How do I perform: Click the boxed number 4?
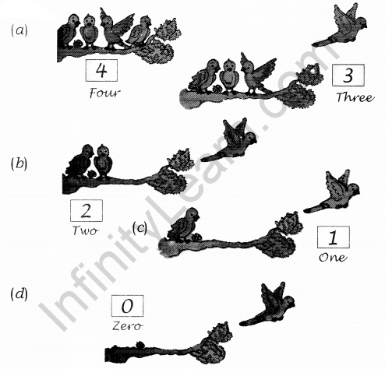click(x=101, y=70)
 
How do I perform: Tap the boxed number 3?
click(x=348, y=75)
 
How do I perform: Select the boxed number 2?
click(x=87, y=210)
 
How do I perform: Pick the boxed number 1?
click(x=333, y=237)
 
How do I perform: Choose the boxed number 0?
click(x=127, y=306)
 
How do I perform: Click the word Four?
click(x=105, y=93)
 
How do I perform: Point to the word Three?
click(x=355, y=97)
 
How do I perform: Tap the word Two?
click(x=85, y=230)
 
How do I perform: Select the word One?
click(x=333, y=258)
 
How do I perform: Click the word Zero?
click(x=127, y=326)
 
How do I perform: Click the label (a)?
click(x=19, y=30)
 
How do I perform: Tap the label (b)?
click(x=19, y=163)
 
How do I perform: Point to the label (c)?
click(x=140, y=228)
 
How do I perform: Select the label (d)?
click(x=19, y=294)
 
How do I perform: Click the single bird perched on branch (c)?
click(x=183, y=225)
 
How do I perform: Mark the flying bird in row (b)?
click(x=230, y=142)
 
